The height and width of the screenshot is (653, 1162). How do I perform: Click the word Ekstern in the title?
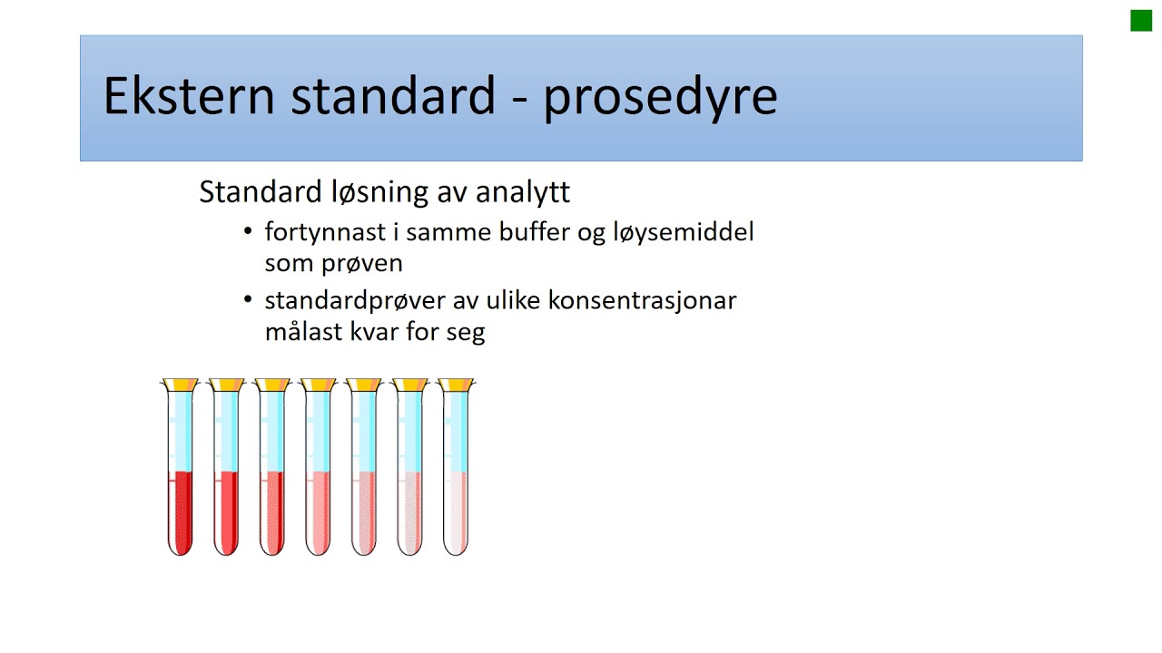click(x=189, y=96)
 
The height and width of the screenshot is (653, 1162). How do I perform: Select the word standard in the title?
click(x=393, y=96)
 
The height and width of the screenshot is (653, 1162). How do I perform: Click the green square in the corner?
click(x=1141, y=20)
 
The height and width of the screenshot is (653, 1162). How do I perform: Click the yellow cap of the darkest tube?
click(x=181, y=385)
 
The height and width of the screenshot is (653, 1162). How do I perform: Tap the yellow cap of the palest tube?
click(x=456, y=385)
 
